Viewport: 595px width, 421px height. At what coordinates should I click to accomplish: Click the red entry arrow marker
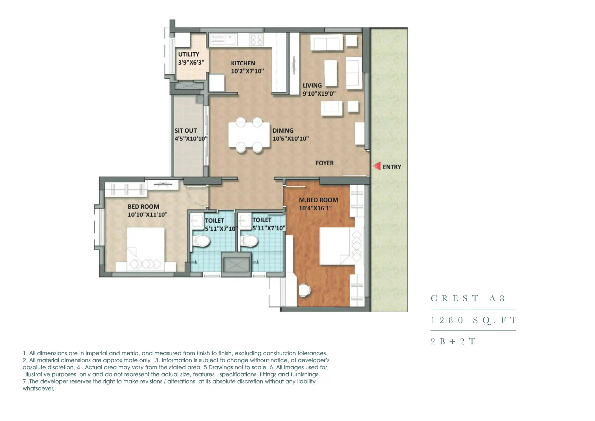[377, 166]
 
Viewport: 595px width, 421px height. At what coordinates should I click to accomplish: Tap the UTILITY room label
[188, 54]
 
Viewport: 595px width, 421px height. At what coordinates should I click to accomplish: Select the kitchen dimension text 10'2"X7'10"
[247, 71]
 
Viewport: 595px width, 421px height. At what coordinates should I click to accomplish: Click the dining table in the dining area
[249, 135]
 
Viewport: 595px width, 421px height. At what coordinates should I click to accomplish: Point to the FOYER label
[324, 163]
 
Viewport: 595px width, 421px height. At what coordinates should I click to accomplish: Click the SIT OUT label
[185, 131]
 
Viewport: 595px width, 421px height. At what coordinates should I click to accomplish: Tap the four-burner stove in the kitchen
[256, 40]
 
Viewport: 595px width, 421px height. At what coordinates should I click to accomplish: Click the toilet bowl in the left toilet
[202, 241]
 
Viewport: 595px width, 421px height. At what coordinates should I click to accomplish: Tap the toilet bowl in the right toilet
[249, 241]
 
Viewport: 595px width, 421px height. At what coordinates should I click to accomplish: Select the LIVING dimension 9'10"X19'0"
[319, 93]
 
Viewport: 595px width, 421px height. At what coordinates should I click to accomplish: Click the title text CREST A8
[468, 298]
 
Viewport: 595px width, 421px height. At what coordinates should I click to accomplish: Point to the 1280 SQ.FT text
[473, 320]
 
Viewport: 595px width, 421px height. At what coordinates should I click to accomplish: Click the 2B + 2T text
[453, 342]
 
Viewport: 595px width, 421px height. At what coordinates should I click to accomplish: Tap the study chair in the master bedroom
[304, 290]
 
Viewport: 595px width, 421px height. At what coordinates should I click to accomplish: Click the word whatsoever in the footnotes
[38, 388]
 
